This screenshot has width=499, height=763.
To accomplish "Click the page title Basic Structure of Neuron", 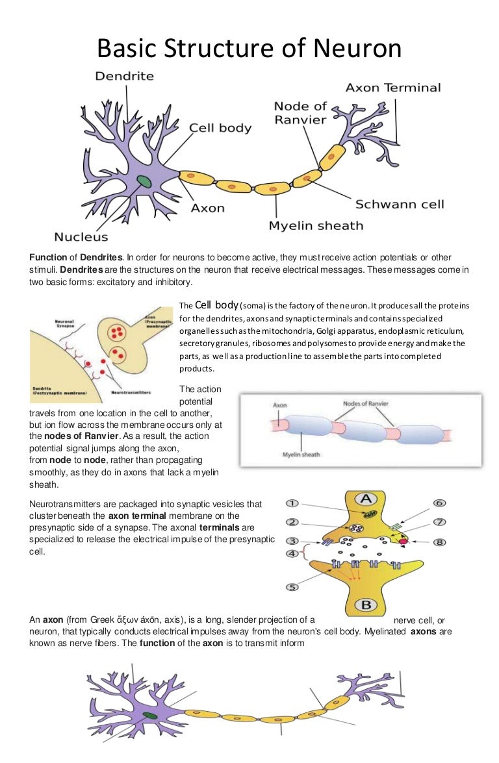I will coord(249,49).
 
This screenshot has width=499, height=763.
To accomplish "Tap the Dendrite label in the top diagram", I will coord(124,76).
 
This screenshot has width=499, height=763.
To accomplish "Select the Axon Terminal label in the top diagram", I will coord(392,88).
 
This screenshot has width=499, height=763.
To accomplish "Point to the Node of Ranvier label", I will coord(300,112).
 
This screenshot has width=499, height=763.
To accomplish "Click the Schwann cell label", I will coord(399,205).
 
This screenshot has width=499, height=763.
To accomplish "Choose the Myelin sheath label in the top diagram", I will coord(316,225).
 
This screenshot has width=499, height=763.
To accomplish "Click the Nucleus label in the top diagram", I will coord(81,237).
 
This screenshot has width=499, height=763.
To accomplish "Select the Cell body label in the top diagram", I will coord(220,128).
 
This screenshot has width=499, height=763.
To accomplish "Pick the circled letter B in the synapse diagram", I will coord(366,605).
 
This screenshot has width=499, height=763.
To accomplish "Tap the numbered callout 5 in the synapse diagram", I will coord(292,587).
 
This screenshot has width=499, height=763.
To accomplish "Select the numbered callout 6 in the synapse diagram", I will coord(440,503).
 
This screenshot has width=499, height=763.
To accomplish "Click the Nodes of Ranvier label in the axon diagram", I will coord(366,404).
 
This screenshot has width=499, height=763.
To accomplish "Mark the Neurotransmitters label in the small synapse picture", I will coord(132,393).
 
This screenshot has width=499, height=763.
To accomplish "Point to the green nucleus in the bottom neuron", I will coord(151,715).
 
